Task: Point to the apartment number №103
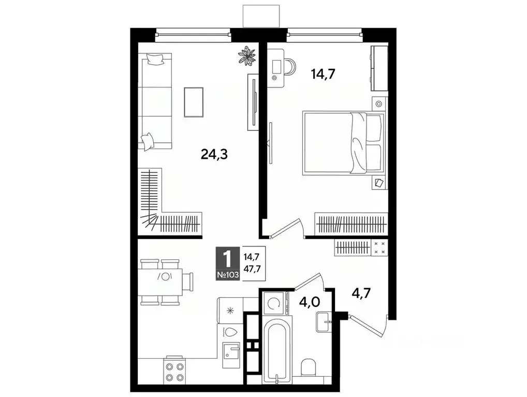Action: tap(228, 275)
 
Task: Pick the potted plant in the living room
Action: tap(247, 55)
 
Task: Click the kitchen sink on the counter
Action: tap(231, 354)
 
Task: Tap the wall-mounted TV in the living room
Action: tap(253, 101)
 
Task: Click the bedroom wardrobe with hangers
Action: tap(351, 224)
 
